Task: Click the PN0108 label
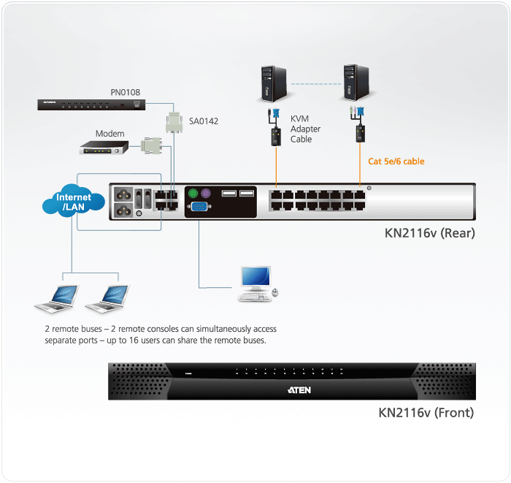tap(126, 93)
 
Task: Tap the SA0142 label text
tap(204, 121)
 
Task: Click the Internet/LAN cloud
tap(74, 202)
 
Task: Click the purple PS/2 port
tap(206, 194)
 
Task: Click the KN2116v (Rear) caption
tap(430, 234)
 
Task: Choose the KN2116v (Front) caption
tap(426, 413)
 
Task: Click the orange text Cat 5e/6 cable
tap(396, 161)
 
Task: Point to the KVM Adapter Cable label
tap(305, 129)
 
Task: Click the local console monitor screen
tap(255, 277)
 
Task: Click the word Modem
tap(109, 134)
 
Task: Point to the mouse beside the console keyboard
tap(275, 293)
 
